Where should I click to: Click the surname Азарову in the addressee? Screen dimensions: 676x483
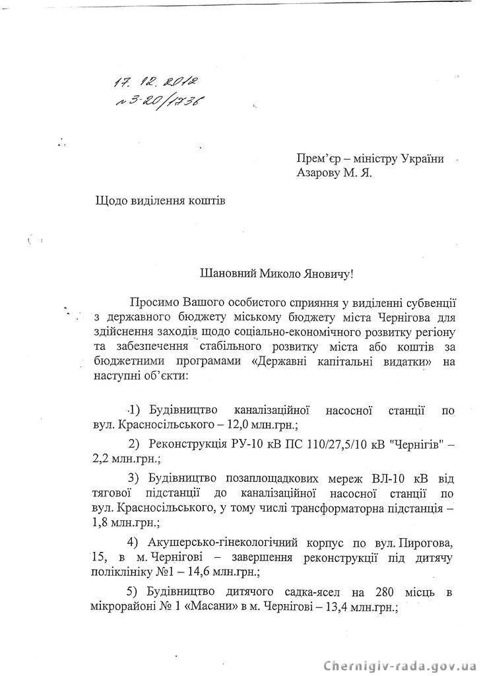(321, 173)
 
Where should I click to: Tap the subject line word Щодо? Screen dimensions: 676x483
(112, 200)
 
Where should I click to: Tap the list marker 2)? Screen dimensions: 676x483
(135, 442)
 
